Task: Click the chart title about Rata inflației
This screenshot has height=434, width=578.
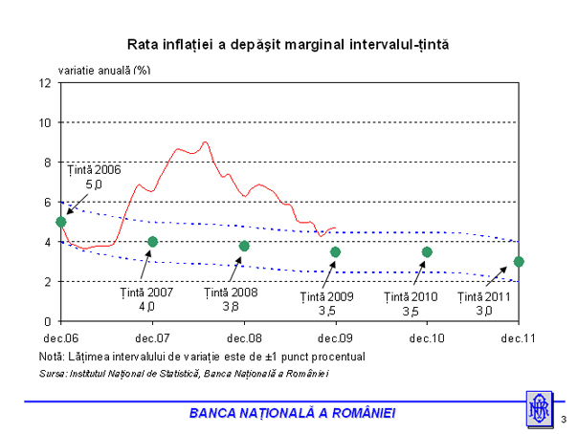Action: point(288,45)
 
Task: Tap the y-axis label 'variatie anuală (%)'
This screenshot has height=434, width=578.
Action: point(104,70)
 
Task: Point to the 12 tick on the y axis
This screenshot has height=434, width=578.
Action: point(46,82)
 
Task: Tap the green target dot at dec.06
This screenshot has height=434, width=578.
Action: point(61,222)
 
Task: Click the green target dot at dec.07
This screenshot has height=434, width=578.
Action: point(153,242)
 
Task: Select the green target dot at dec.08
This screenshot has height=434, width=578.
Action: point(244,246)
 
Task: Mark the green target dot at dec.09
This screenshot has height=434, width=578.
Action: point(335,251)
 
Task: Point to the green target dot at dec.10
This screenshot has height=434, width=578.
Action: point(427,251)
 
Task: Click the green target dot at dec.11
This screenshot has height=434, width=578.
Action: point(518,262)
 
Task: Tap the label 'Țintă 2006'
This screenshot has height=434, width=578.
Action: point(94,169)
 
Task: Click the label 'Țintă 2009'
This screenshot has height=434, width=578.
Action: point(328,296)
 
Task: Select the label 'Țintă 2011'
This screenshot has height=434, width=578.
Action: point(483,296)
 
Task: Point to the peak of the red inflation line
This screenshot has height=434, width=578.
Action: point(205,142)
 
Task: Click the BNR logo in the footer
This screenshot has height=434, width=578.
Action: point(538,409)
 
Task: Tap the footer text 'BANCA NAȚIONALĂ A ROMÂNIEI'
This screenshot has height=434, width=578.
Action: point(292,412)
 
